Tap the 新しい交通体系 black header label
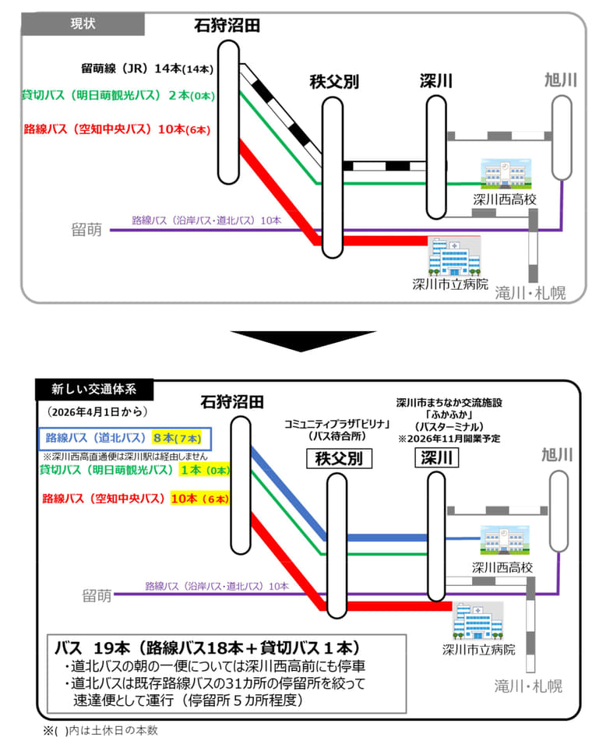pyautogui.click(x=95, y=387)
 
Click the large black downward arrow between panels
pyautogui.click(x=302, y=339)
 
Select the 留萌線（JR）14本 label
pyautogui.click(x=146, y=69)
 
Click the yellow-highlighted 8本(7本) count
pyautogui.click(x=180, y=439)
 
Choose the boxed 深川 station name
pyautogui.click(x=435, y=458)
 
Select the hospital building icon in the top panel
pyautogui.click(x=454, y=256)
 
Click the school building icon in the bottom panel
pyautogui.click(x=502, y=540)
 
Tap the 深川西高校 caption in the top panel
pyautogui.click(x=505, y=200)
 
